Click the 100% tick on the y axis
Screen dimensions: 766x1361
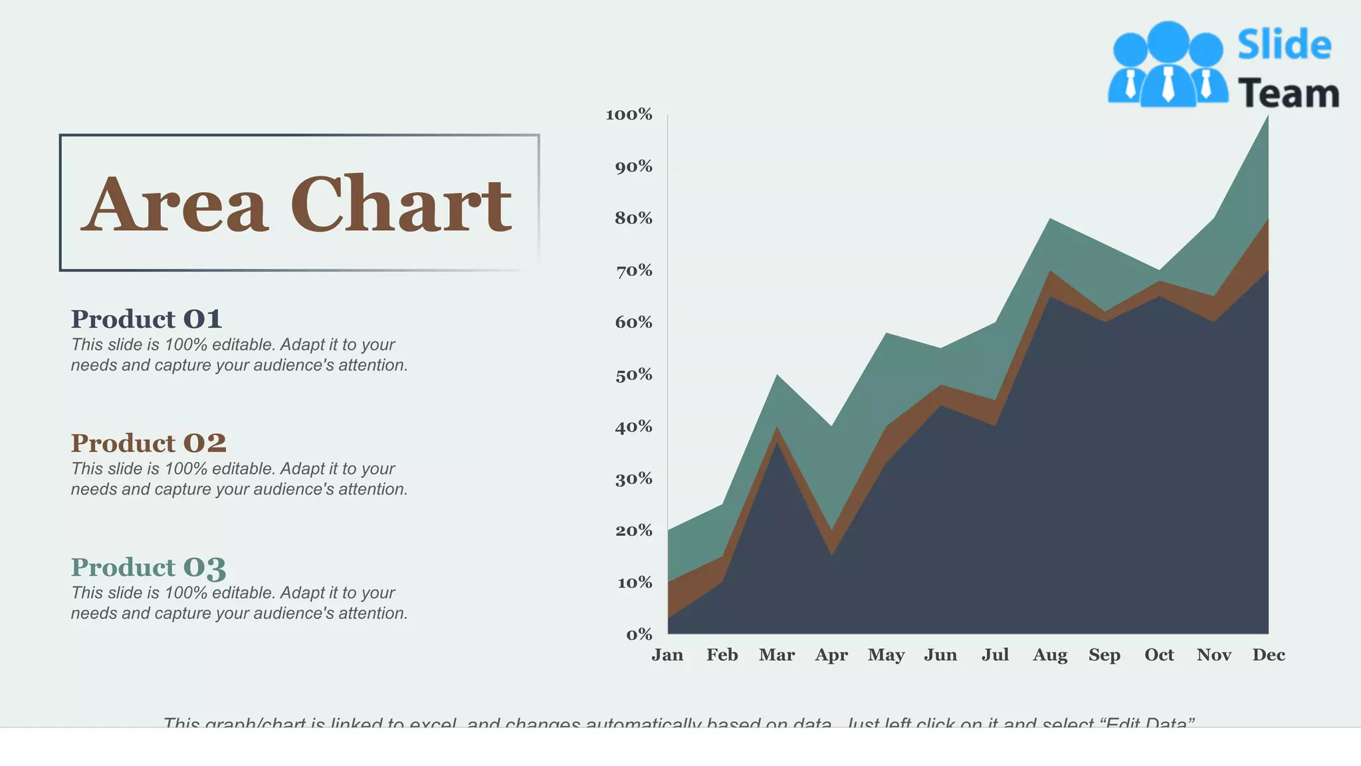coord(629,114)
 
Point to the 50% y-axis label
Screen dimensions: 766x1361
coord(633,375)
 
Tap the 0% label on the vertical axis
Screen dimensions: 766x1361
coord(639,634)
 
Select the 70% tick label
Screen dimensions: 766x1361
coord(633,271)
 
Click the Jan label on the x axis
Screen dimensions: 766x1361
coord(667,655)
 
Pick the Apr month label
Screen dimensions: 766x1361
coord(831,655)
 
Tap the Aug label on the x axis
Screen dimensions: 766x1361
coord(1050,655)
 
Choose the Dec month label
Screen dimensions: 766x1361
coord(1269,655)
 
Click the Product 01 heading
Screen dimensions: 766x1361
coord(146,319)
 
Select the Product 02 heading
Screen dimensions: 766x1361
coord(149,443)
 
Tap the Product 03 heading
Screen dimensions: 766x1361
coord(149,567)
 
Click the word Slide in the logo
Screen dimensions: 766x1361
coord(1284,45)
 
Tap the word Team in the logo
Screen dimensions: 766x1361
coord(1288,93)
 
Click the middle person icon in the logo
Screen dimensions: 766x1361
coord(1168,63)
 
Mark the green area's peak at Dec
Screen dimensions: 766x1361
coord(1267,118)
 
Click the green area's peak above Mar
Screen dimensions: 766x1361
coord(777,377)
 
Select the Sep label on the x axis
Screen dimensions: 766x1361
coord(1104,655)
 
